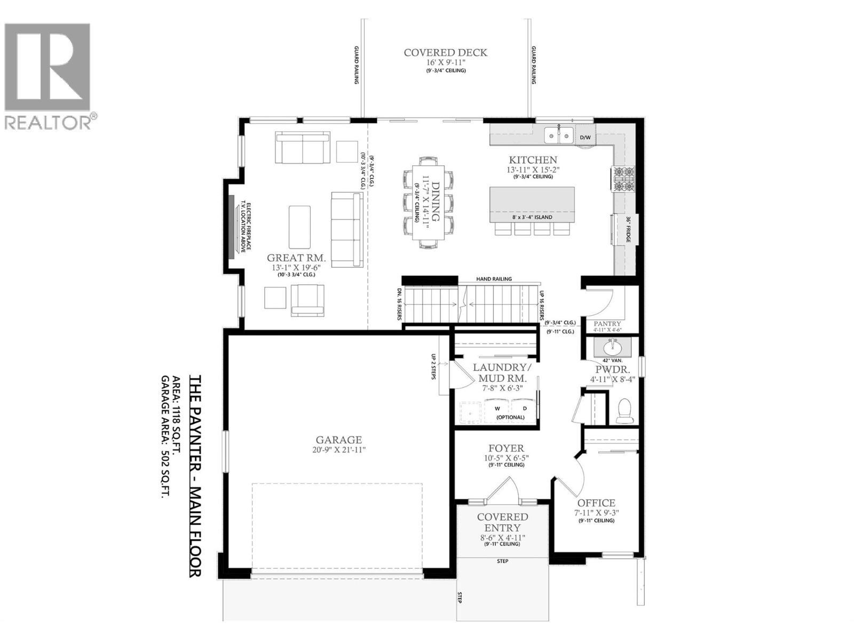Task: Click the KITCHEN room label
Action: tap(533, 160)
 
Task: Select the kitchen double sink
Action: tap(559, 135)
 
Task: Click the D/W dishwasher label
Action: tap(586, 138)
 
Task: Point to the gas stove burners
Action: tap(623, 179)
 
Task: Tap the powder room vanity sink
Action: tap(613, 349)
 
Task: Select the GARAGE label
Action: tap(339, 440)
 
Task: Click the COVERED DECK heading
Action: tap(445, 52)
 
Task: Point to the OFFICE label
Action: tap(596, 503)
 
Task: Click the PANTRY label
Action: tap(607, 324)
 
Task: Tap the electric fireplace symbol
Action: tap(232, 227)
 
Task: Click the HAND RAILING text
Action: tap(494, 279)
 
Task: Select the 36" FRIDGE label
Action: tap(628, 229)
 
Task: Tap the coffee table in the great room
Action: tap(299, 227)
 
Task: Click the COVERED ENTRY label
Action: tap(502, 522)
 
